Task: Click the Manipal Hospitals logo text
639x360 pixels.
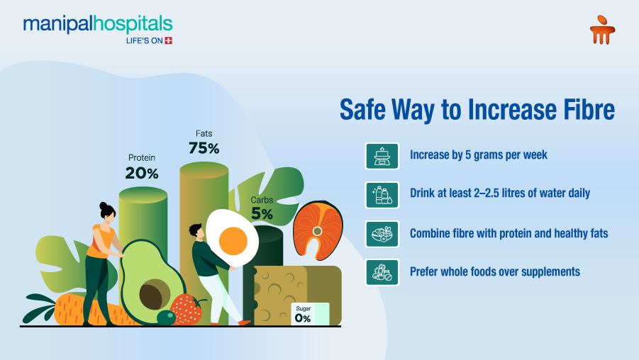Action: click(x=97, y=25)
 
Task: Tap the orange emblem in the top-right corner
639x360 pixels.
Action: click(x=602, y=30)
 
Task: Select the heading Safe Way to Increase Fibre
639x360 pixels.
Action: click(x=477, y=111)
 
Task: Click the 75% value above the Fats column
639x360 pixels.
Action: click(x=204, y=148)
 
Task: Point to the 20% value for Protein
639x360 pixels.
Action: click(x=142, y=172)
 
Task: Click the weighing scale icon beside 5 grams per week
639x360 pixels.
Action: click(x=382, y=155)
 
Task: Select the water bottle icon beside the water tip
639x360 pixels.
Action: click(x=382, y=194)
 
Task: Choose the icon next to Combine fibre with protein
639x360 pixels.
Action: click(x=382, y=233)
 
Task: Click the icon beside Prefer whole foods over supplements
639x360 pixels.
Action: click(x=382, y=272)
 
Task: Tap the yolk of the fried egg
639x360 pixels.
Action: click(x=233, y=242)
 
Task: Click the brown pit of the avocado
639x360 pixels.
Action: click(x=154, y=293)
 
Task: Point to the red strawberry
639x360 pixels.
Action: click(x=187, y=310)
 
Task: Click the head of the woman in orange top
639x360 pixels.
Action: click(x=107, y=211)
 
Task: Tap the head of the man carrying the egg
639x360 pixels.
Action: click(x=196, y=232)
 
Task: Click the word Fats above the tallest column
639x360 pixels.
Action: click(x=204, y=133)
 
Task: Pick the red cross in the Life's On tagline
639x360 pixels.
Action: click(x=168, y=40)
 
